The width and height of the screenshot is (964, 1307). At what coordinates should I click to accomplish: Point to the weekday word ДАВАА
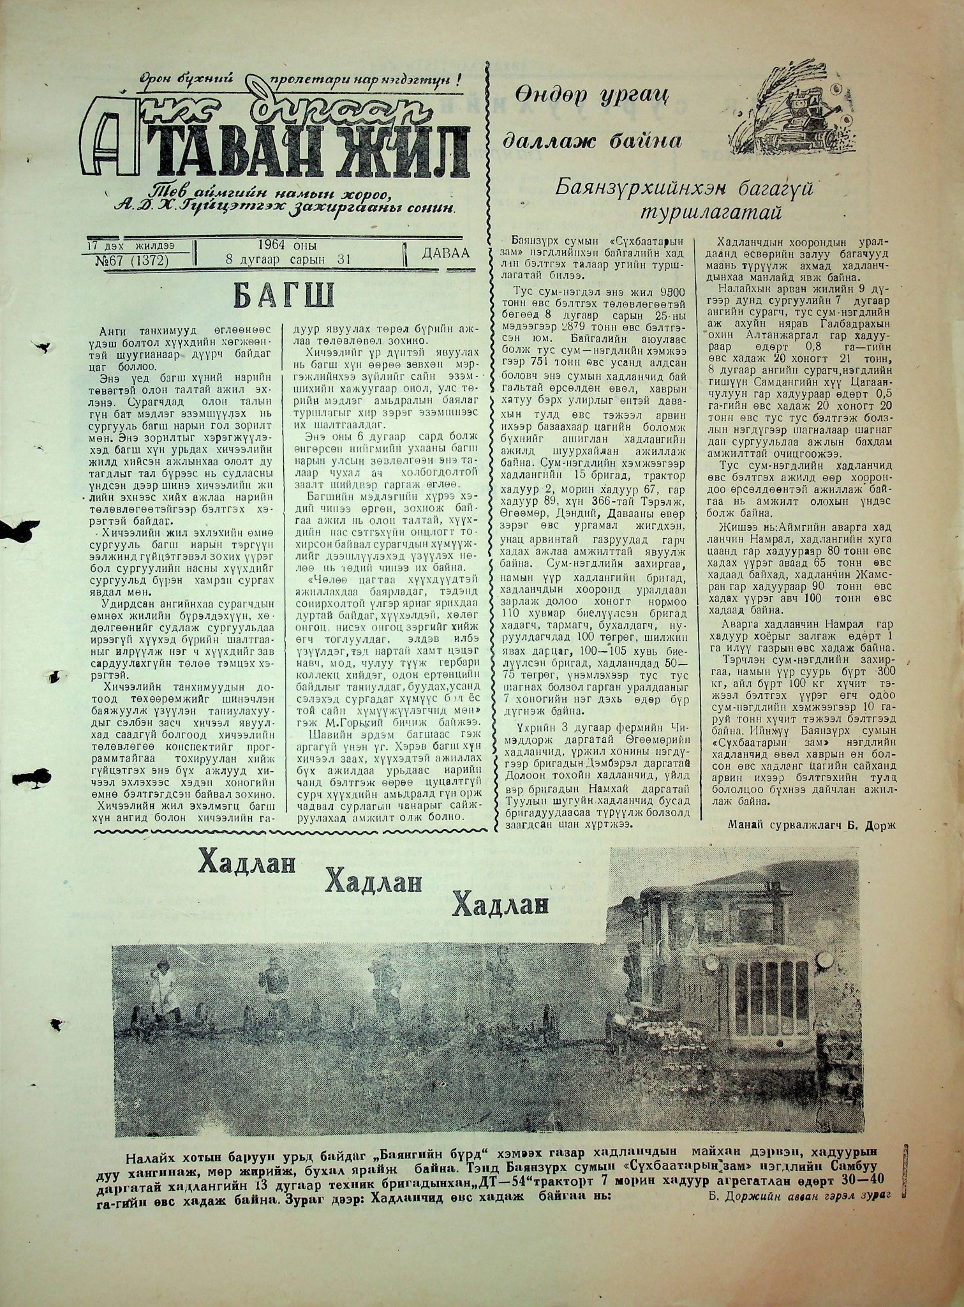tap(445, 253)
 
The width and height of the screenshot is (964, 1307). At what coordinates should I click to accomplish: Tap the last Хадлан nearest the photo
tap(501, 904)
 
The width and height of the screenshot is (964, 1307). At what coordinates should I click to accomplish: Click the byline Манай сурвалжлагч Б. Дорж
tap(811, 824)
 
